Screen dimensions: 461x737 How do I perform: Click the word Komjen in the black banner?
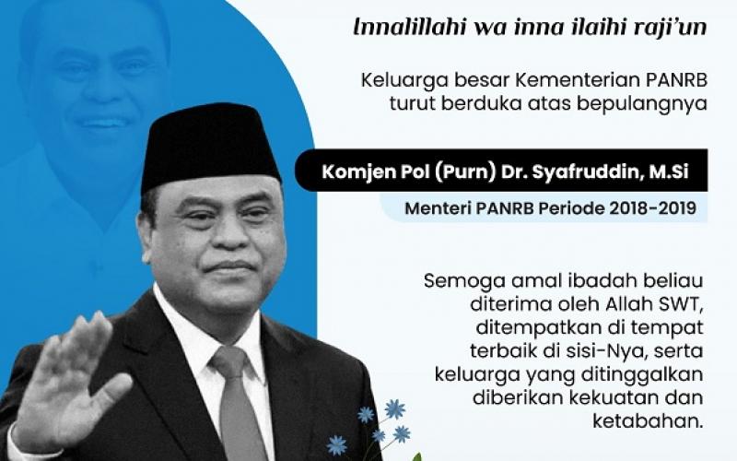(359, 171)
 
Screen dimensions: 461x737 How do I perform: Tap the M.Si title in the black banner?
(672, 171)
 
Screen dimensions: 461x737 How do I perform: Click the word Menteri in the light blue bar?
(436, 208)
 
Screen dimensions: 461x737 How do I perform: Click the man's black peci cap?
(210, 143)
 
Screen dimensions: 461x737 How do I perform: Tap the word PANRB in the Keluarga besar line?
(673, 81)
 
